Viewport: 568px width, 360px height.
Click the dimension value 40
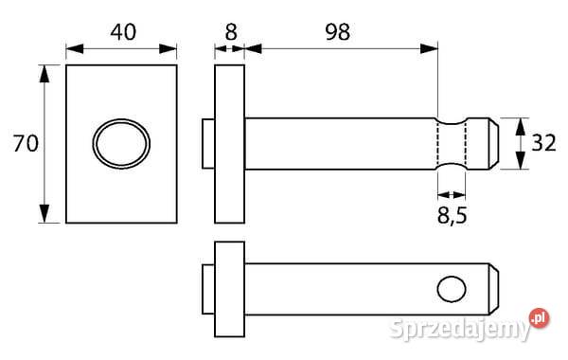(x=122, y=31)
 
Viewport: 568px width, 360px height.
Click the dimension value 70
(x=23, y=144)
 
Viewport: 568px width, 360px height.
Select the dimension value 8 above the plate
(x=229, y=31)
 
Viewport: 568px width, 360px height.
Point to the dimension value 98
(x=335, y=31)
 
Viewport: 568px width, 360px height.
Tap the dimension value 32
(x=542, y=144)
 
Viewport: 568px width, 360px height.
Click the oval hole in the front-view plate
(x=120, y=144)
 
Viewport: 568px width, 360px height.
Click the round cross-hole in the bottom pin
(x=453, y=289)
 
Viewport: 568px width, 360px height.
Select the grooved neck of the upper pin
(x=452, y=144)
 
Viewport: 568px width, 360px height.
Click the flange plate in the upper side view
(x=229, y=144)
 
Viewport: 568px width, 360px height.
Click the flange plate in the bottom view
(x=229, y=289)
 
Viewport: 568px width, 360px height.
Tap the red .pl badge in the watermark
(x=539, y=317)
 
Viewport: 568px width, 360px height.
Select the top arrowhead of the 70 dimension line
(x=44, y=72)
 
